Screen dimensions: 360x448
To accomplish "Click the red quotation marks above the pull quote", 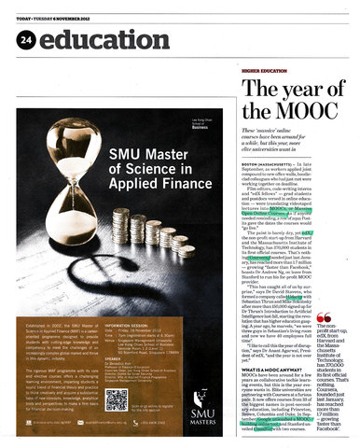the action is point(325,344).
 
